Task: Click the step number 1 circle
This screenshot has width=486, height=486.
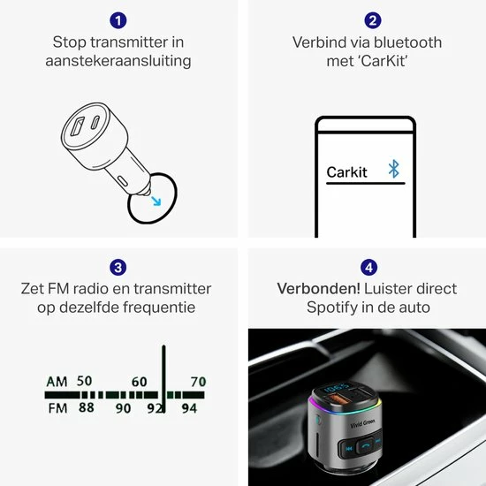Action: coord(118,20)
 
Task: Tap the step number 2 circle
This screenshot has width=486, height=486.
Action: coord(373,20)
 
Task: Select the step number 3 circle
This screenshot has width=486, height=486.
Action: coord(118,267)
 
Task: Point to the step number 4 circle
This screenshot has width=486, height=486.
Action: coord(368,267)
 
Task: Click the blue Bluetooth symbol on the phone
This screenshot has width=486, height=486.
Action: coord(393,169)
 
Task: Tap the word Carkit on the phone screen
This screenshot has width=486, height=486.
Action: coord(346,172)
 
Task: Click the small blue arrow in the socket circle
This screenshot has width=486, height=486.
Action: coord(156,201)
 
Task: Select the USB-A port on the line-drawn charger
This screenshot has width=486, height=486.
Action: coord(77,126)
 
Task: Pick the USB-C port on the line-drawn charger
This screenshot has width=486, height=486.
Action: coord(95,122)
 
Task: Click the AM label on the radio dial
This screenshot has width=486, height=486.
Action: coord(57,382)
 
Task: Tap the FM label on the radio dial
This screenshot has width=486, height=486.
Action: coord(57,408)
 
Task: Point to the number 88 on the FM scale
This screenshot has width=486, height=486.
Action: coord(87,407)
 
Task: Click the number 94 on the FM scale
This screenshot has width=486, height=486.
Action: coord(189,408)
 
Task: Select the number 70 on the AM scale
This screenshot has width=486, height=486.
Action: coord(198,382)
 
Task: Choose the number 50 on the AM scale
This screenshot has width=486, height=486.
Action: coord(84,381)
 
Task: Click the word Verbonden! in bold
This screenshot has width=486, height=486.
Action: coord(318,289)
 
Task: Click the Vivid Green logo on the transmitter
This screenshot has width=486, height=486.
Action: coord(362,423)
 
